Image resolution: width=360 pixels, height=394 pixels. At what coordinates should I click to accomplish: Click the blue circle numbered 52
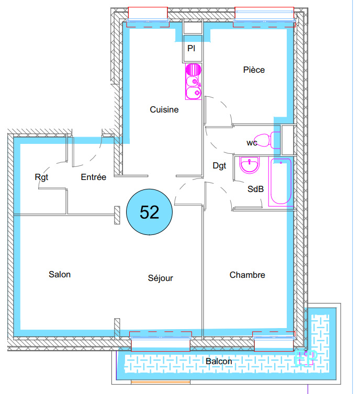coord(149,212)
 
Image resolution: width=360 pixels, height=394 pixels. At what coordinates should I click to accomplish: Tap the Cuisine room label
coord(164,109)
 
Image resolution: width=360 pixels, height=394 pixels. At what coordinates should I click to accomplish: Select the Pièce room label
coord(254,70)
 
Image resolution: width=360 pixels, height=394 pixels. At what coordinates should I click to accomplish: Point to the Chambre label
coord(247,275)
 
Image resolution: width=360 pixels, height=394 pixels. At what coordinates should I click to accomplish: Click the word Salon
coord(60,274)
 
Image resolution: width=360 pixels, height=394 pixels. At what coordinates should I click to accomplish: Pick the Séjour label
coord(160,278)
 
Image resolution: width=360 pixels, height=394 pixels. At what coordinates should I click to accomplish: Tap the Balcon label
coord(219,362)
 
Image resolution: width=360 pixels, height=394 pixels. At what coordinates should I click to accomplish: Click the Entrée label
coord(94,177)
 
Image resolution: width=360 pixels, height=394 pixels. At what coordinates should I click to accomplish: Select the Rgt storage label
coord(41,177)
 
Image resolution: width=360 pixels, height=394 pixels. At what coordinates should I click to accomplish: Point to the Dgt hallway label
coord(219,166)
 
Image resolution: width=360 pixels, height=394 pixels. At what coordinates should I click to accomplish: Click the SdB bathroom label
coord(255,189)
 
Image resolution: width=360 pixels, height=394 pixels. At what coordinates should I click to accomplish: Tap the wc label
coord(252,143)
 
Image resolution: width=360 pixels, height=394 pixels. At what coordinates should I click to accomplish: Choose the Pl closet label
coord(191,48)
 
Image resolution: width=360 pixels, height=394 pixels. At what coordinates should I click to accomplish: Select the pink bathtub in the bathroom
coord(281,181)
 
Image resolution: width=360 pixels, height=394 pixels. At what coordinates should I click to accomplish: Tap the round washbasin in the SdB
coord(249,165)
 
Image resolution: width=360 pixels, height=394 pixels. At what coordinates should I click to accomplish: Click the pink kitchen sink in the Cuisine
coord(194,82)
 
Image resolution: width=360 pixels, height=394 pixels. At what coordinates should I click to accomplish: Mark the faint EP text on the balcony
coord(306,358)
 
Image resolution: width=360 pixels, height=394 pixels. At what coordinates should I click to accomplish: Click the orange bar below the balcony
coord(160,382)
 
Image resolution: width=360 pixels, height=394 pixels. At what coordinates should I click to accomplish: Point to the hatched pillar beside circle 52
coord(117,215)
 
